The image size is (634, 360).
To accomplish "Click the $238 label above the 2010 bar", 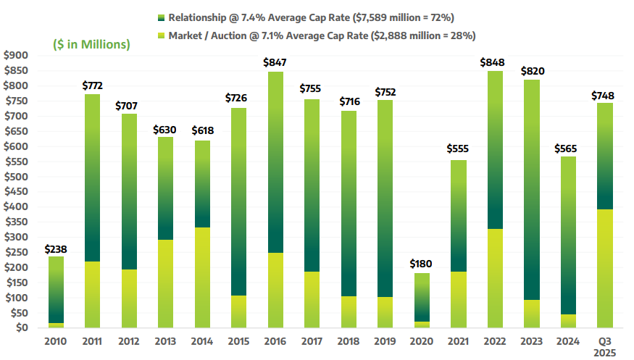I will (56, 248).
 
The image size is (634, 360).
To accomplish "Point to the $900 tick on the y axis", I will (15, 56).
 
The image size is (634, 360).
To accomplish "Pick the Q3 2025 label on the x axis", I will (604, 347).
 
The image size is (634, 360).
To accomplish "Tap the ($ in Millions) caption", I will (91, 45).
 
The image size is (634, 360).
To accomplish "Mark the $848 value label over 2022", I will (494, 62).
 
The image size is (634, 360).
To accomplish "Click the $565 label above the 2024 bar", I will (567, 148).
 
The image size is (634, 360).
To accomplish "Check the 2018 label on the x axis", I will (349, 342).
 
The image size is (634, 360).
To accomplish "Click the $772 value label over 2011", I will (93, 85).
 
